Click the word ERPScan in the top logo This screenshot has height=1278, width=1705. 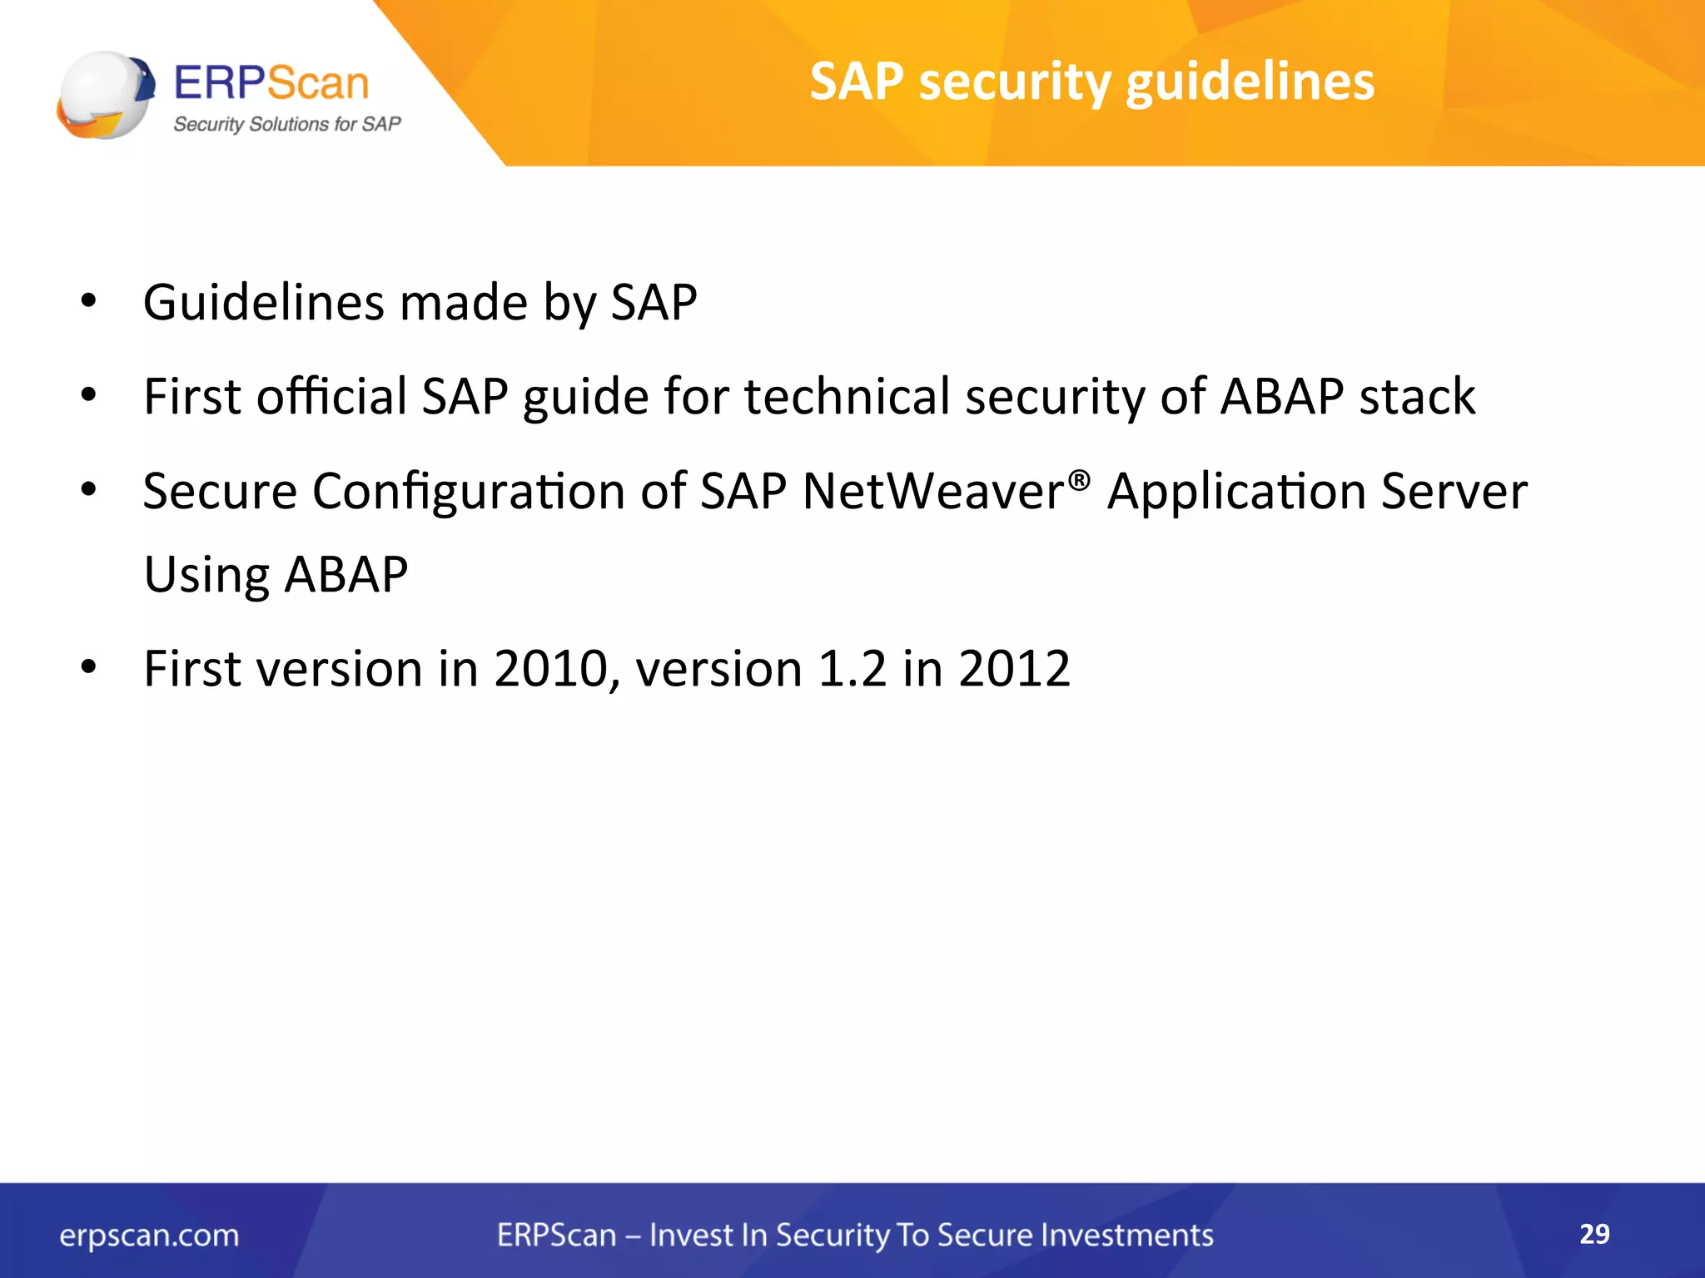click(271, 83)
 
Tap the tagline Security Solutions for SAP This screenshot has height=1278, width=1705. click(286, 124)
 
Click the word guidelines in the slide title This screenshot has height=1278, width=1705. click(1250, 83)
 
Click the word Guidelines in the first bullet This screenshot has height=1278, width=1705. click(264, 302)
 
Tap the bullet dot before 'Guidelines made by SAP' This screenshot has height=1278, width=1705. click(89, 301)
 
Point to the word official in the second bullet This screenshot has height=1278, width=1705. click(331, 396)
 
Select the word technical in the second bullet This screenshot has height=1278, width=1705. click(847, 396)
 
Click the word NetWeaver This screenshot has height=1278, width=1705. click(933, 491)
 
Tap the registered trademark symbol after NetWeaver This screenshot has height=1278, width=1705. click(1079, 480)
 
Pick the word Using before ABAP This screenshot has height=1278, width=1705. click(206, 576)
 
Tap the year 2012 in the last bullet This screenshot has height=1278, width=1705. click(1014, 669)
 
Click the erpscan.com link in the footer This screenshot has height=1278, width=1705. click(149, 1236)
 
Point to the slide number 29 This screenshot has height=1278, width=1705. click(1594, 1234)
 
